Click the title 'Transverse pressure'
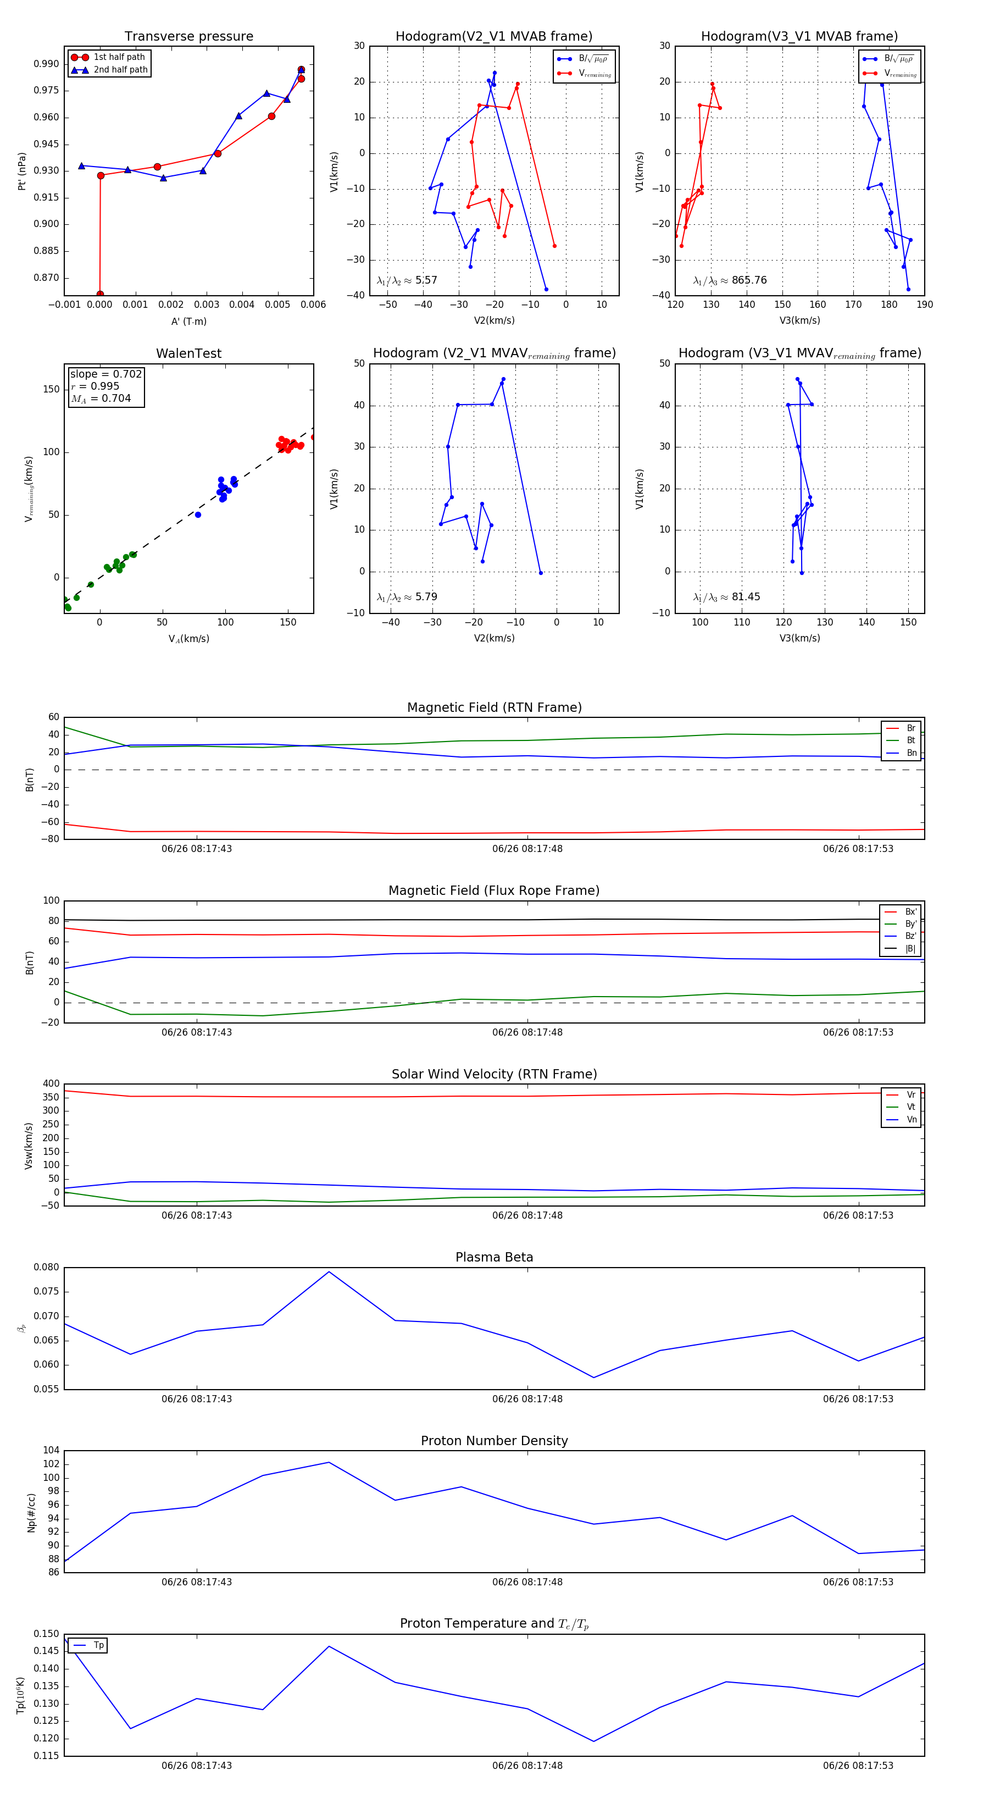(188, 37)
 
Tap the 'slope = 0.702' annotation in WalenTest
(105, 374)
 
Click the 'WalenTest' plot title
(188, 353)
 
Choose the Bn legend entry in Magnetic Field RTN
(911, 753)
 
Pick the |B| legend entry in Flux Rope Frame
(910, 949)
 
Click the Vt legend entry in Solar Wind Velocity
(911, 1107)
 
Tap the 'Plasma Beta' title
(494, 1257)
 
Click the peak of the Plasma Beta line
(329, 1272)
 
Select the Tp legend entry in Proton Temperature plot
(98, 1645)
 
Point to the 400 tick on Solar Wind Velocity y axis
(51, 1084)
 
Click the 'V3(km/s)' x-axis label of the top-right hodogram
(799, 320)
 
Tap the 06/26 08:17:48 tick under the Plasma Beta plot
(527, 1398)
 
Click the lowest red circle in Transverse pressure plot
(100, 294)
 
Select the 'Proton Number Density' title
(494, 1441)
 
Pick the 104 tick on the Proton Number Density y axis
(51, 1451)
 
